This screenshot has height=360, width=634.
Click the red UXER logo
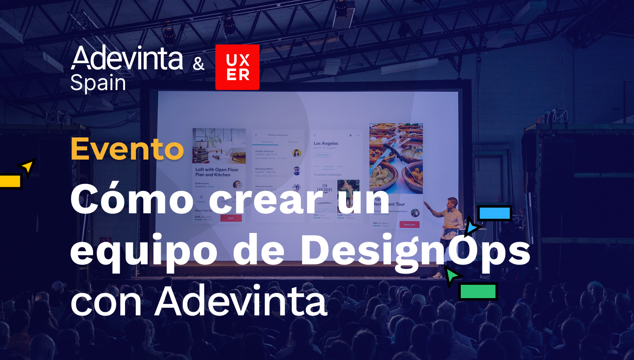(x=237, y=67)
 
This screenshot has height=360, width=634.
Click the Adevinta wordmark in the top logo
(x=127, y=58)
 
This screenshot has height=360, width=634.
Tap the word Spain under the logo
(x=98, y=83)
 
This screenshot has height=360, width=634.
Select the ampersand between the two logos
(x=199, y=64)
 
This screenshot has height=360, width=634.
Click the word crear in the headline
(x=266, y=200)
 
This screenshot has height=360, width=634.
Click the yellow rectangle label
(x=10, y=181)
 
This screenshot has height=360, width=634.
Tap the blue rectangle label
(x=494, y=213)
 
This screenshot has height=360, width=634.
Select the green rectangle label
(x=478, y=291)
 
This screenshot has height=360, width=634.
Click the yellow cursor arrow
(x=27, y=167)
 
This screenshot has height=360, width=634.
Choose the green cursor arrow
(x=452, y=276)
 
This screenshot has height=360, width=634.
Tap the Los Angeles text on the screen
(x=326, y=143)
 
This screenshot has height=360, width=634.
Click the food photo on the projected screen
(x=396, y=158)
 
